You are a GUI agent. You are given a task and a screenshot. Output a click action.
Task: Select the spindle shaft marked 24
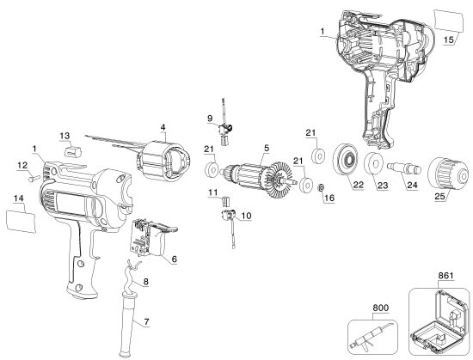tap(405, 167)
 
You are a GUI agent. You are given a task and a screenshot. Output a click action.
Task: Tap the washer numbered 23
tap(375, 167)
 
